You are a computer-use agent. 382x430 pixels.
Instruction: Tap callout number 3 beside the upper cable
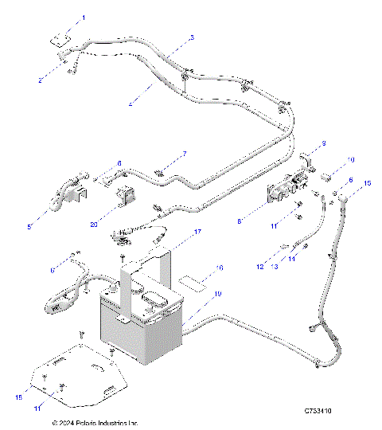pyautogui.click(x=191, y=37)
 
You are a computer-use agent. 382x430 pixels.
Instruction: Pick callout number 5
pyautogui.click(x=30, y=228)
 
